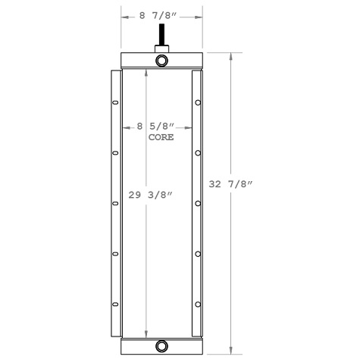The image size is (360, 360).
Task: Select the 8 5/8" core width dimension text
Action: coord(156,126)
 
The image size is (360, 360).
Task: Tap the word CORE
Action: coord(161,138)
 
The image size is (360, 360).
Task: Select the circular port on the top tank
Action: coord(162,61)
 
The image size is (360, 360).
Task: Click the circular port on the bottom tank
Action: coord(162,346)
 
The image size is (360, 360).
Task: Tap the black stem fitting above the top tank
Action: coord(161,36)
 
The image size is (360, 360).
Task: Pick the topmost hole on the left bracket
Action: coord(115,104)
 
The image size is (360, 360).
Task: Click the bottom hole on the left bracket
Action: coord(115,305)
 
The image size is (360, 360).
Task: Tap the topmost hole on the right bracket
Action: coord(197,104)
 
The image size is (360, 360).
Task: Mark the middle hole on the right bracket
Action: coord(197,203)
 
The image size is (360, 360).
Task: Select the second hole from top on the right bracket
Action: coord(197,154)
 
